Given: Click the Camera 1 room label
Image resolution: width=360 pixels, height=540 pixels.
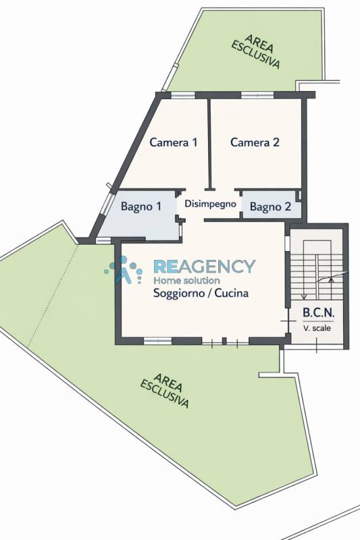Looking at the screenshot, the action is pyautogui.click(x=174, y=142).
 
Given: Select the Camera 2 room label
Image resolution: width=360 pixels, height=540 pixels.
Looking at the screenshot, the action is pyautogui.click(x=255, y=142).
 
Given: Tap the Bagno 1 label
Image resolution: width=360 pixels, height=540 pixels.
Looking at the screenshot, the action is pyautogui.click(x=141, y=207).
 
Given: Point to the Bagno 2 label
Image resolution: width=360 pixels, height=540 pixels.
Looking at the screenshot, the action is pyautogui.click(x=270, y=207).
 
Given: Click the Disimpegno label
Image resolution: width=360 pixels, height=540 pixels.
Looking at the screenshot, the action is pyautogui.click(x=211, y=204).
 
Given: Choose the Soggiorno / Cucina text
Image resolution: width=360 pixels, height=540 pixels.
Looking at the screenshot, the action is pyautogui.click(x=201, y=293).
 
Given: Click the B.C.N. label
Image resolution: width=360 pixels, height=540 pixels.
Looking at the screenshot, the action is pyautogui.click(x=319, y=313).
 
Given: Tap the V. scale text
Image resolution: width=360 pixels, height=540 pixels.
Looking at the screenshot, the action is pyautogui.click(x=317, y=328).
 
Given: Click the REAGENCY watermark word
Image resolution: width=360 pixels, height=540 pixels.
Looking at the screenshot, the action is pyautogui.click(x=204, y=266).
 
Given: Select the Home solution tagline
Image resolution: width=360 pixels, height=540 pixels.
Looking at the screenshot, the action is pyautogui.click(x=186, y=280).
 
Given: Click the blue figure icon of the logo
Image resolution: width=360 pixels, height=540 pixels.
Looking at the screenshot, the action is pyautogui.click(x=124, y=271).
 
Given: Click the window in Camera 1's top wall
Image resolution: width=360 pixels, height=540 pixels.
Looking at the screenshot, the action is pyautogui.click(x=183, y=95).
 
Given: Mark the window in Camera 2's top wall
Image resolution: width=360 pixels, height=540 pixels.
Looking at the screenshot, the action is pyautogui.click(x=257, y=95).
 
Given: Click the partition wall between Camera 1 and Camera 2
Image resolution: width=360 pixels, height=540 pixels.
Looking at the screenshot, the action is pyautogui.click(x=209, y=144).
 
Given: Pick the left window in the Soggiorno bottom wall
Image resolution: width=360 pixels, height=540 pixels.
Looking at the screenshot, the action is pyautogui.click(x=157, y=341).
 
